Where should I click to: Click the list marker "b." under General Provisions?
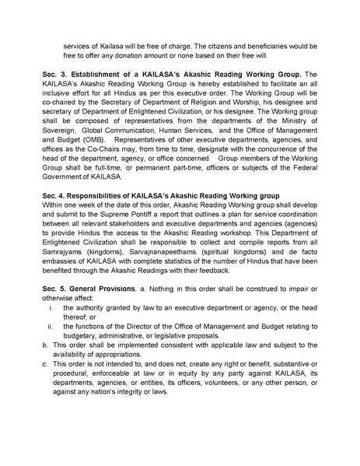point(44,343)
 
